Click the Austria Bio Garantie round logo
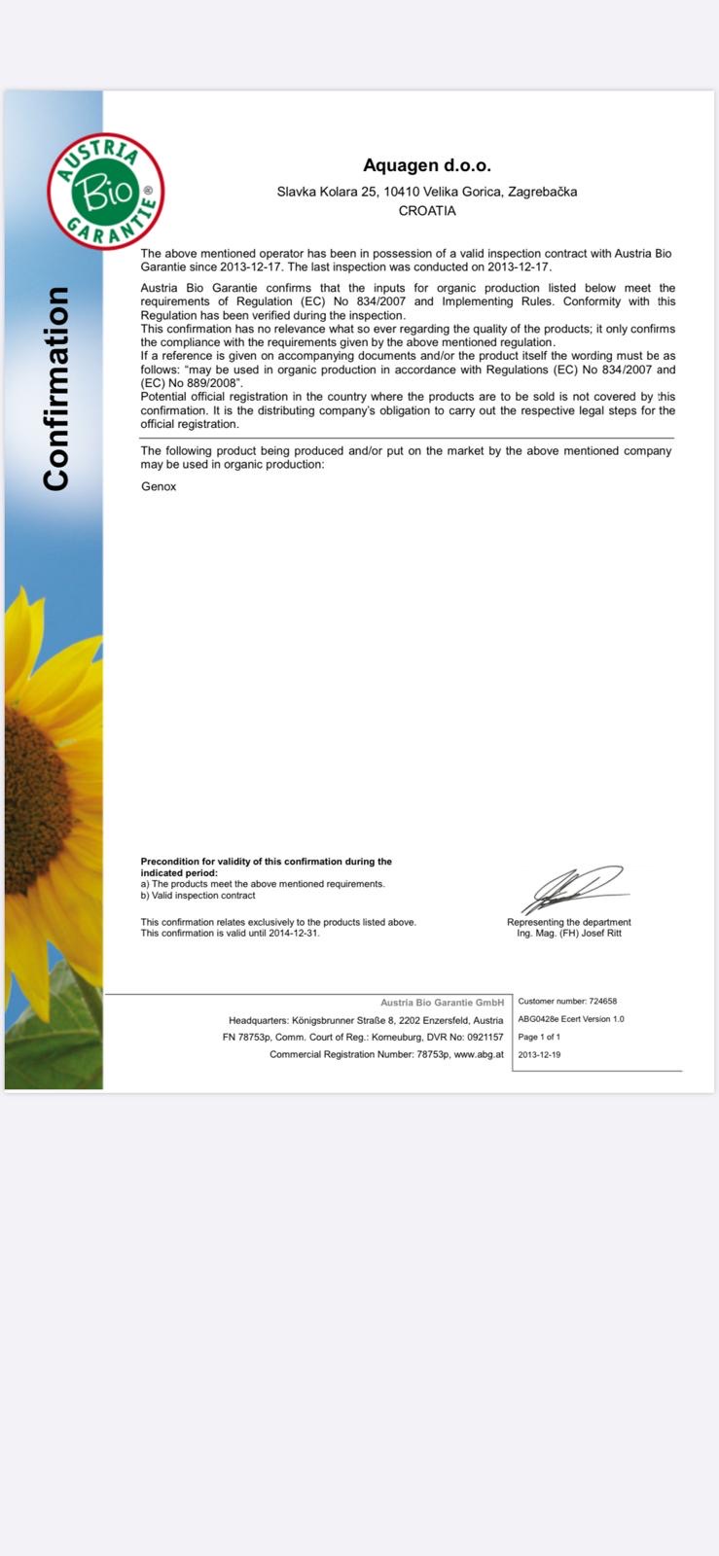point(106,192)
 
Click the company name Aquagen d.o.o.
point(426,165)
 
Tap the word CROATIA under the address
point(427,211)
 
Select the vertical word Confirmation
point(56,389)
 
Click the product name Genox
point(159,486)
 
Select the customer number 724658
point(602,1001)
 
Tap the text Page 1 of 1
point(539,1037)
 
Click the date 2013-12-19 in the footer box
point(539,1054)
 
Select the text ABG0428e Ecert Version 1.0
point(571,1019)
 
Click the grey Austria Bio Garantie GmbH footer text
point(442,1002)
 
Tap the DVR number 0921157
point(484,1037)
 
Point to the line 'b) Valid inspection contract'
point(198,896)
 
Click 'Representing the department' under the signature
point(568,922)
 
